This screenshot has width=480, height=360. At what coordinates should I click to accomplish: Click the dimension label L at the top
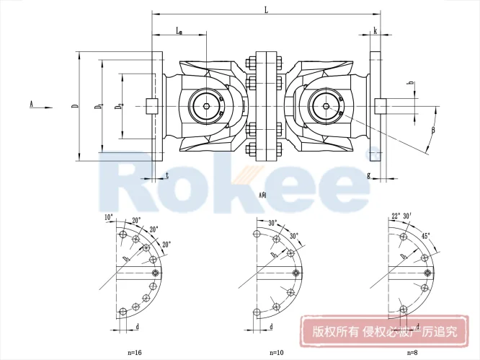point(267,9)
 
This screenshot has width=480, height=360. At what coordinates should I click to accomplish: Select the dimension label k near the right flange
point(376,30)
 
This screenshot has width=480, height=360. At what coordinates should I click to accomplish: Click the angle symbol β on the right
point(433,130)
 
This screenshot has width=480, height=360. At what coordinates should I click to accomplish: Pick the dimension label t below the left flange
point(167,175)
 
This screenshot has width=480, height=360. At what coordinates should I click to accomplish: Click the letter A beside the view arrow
point(32,104)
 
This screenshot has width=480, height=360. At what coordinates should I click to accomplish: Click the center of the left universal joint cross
point(207,107)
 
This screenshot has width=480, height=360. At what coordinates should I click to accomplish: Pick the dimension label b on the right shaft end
point(410,84)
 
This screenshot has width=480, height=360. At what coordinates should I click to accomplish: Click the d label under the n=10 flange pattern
point(270,327)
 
